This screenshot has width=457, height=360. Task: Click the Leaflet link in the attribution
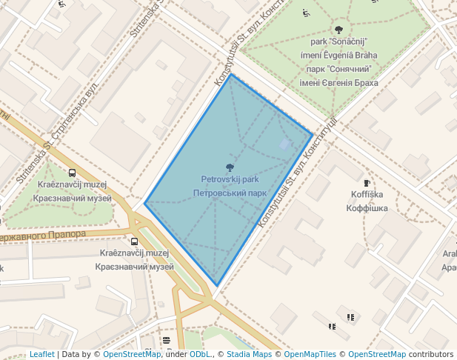click(x=41, y=354)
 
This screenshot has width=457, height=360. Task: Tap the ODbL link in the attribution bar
click(x=199, y=354)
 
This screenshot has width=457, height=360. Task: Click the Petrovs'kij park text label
click(x=230, y=179)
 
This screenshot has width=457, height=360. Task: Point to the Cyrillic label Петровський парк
click(x=230, y=193)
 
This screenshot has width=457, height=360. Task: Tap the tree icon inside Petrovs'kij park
click(x=230, y=167)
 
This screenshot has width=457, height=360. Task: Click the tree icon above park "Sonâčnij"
click(x=338, y=30)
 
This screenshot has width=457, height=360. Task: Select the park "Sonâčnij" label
click(x=338, y=42)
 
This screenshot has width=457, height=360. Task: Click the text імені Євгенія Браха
click(x=338, y=83)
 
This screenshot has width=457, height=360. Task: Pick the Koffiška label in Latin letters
click(x=367, y=195)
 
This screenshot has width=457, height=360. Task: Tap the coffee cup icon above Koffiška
click(x=366, y=183)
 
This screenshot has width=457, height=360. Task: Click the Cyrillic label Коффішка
click(x=367, y=208)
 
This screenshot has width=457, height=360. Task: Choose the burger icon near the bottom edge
click(x=167, y=341)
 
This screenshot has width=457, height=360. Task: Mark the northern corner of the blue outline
click(x=231, y=74)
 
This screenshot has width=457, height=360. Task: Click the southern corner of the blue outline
click(x=216, y=286)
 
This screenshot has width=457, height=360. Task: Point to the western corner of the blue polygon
click(x=145, y=203)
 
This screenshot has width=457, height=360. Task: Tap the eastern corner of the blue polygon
click(x=312, y=134)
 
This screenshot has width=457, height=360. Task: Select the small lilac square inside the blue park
click(x=285, y=144)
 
